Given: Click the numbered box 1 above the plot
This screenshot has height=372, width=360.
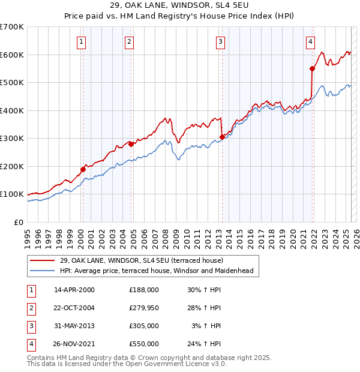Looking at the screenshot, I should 81,41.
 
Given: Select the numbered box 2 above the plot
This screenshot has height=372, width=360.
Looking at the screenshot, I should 129,41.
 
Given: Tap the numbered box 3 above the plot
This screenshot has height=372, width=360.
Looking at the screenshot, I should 221,41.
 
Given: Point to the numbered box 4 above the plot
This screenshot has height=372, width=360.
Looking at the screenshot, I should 310,41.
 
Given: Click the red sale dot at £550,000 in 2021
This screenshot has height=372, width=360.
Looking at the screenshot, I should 313,68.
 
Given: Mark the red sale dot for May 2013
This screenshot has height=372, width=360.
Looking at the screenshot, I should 222,137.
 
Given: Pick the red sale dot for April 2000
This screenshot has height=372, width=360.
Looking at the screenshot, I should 83,169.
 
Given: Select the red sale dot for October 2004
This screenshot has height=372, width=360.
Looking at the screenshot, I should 131,144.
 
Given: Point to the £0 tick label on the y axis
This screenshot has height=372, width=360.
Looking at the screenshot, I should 19,222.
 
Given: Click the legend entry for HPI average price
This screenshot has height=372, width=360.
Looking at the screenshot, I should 157,271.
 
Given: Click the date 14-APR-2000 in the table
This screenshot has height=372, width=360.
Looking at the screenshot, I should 74,290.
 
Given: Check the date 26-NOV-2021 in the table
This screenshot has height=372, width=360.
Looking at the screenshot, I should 74,344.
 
